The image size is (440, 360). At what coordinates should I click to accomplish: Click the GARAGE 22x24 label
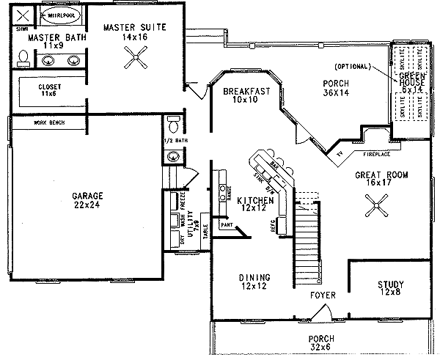tap(87, 201)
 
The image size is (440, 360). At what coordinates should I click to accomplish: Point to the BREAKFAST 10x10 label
tap(241, 95)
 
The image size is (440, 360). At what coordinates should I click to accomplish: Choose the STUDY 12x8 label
tap(391, 289)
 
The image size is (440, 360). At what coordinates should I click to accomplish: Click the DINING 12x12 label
tap(255, 282)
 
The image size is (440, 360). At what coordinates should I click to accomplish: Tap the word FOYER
tap(323, 295)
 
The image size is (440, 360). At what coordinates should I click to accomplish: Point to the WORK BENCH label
tap(49, 123)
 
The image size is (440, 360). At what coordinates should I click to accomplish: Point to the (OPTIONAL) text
tap(353, 66)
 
